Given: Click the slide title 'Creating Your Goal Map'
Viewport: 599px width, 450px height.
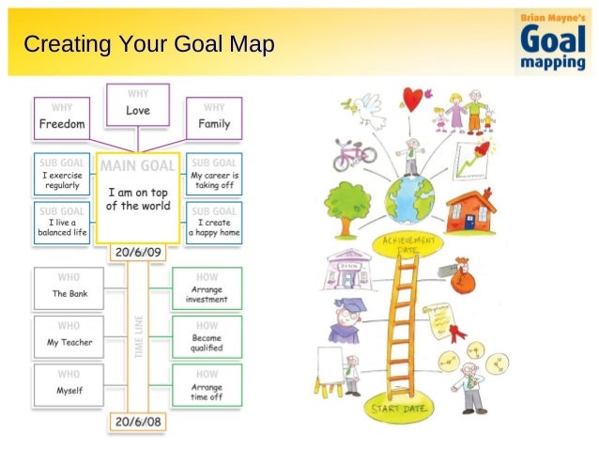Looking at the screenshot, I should point(149,44).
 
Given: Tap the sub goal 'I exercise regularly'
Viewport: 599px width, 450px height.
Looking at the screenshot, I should point(62,174).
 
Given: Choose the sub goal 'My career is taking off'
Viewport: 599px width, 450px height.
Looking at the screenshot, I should point(214,174).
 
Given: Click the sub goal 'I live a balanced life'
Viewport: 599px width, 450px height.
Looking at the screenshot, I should point(62,222).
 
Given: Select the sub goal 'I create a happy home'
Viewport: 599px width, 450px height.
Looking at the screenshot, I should point(214,222).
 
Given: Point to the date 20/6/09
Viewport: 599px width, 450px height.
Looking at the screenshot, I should point(137,252).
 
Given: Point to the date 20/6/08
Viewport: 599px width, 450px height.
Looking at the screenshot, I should point(137,422).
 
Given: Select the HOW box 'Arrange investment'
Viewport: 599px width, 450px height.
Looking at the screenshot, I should point(207,288).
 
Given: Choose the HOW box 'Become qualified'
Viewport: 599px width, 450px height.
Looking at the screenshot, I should point(207,336).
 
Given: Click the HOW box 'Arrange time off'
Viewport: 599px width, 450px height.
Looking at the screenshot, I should point(207,385).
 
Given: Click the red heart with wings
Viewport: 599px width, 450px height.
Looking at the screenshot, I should point(413,97).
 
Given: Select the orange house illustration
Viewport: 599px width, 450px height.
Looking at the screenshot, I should point(470,209).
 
